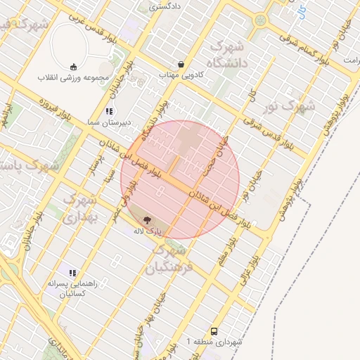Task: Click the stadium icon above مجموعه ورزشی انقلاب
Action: [73, 67]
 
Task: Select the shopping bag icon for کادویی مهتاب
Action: [181, 64]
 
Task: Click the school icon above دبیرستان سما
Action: [108, 111]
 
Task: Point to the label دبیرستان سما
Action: [105, 122]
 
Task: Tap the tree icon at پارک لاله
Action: [156, 219]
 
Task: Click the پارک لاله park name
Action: [148, 231]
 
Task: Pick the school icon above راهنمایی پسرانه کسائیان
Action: [72, 272]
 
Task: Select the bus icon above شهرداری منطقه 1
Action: [214, 331]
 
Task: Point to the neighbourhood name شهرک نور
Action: [297, 107]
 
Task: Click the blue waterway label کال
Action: [302, 10]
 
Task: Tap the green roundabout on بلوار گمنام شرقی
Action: [260, 20]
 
